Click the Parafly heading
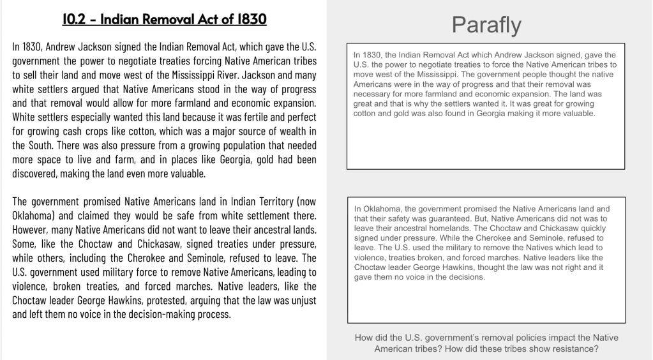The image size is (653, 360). click(x=486, y=24)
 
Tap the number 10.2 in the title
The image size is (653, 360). click(x=75, y=20)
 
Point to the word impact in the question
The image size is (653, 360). click(x=556, y=338)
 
